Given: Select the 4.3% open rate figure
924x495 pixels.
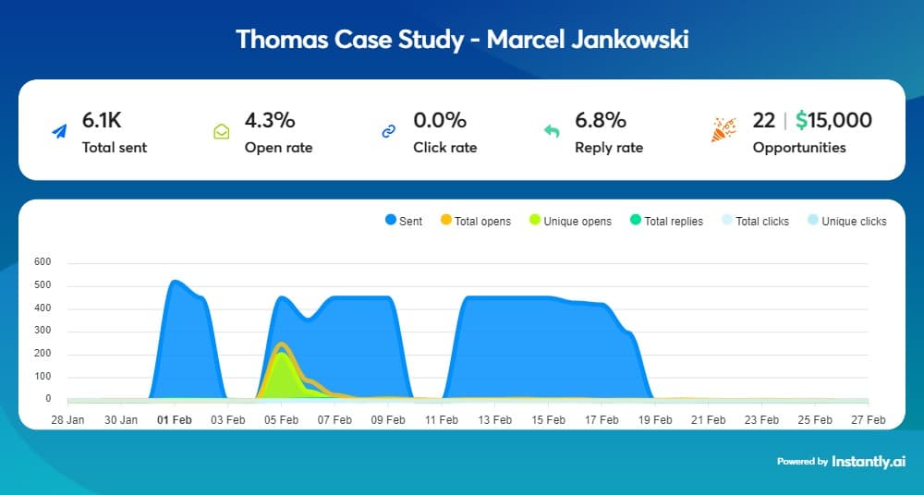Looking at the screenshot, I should click(269, 120).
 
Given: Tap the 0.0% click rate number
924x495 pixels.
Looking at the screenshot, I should click(440, 120).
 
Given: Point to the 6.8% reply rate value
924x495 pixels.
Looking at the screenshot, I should click(601, 120).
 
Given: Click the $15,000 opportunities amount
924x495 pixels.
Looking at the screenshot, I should click(833, 120).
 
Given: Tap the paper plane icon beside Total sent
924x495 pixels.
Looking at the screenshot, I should click(59, 132).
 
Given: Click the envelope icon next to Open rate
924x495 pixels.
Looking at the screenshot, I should click(222, 132).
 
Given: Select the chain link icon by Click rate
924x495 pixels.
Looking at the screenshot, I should click(389, 132).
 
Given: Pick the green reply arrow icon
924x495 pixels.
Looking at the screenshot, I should click(552, 132).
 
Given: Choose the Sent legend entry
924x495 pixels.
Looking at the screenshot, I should click(403, 222).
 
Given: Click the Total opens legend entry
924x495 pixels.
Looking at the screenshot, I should click(475, 222).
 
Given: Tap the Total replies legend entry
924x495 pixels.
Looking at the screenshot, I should click(665, 222).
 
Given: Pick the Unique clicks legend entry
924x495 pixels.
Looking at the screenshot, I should click(845, 222).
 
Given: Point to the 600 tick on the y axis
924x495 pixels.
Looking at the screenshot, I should click(43, 262).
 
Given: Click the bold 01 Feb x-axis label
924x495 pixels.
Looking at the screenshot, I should click(175, 419).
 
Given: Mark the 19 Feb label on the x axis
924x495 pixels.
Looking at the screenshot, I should click(655, 419).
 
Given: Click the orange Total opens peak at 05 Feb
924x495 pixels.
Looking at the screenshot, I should click(282, 344).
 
